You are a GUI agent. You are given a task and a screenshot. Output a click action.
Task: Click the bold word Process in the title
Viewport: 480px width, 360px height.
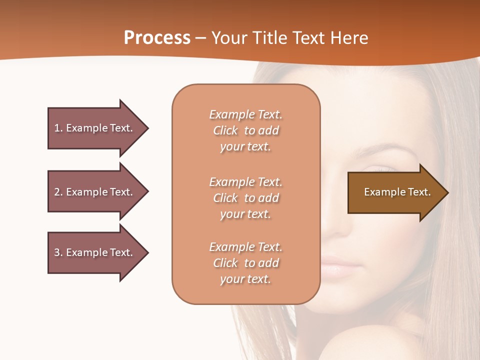pos(157,38)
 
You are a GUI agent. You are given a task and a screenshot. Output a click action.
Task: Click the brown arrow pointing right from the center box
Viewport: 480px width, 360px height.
pos(395,192)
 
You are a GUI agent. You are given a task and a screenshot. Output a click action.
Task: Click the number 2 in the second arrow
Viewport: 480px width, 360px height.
pos(57,192)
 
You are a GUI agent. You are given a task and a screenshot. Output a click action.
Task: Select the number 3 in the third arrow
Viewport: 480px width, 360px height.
pos(57,252)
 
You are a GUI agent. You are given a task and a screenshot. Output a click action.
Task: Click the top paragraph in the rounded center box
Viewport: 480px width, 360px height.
pos(245,130)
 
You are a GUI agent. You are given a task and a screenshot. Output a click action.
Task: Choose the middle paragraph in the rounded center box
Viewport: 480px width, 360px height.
pos(245,198)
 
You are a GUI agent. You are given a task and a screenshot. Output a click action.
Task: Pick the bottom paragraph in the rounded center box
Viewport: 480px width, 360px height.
pos(245,263)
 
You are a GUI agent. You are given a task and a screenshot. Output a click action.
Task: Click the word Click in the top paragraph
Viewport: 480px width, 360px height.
pos(225,130)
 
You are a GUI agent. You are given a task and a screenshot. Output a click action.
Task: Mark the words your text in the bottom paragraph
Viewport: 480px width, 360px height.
pos(245,279)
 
